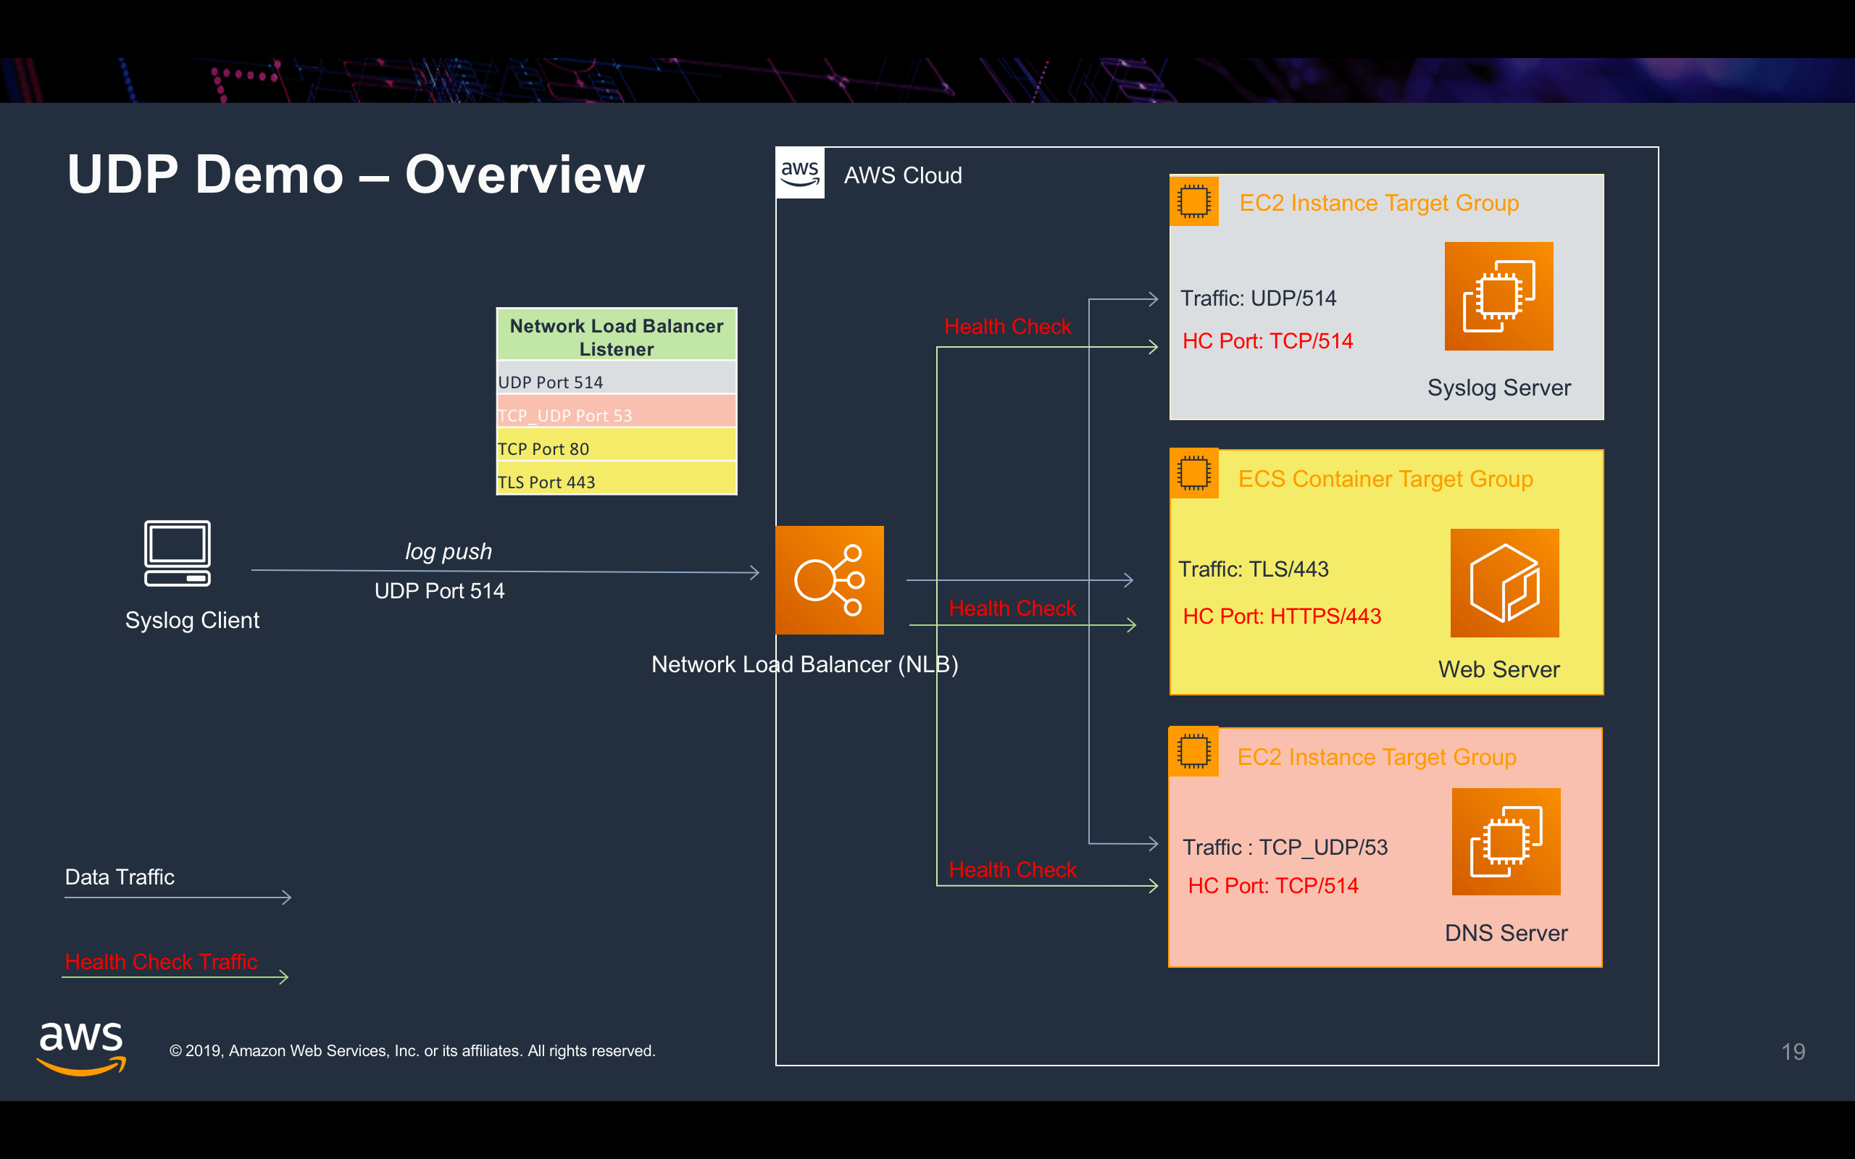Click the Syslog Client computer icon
coord(177,553)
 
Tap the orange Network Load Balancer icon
coord(830,580)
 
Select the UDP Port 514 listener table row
coord(617,381)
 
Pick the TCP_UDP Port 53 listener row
coord(617,414)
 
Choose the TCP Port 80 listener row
coord(617,448)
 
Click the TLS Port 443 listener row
coord(617,482)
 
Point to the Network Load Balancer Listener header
coord(617,337)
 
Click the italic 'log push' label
coord(449,551)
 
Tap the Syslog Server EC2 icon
coord(1498,297)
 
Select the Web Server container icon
coord(1504,582)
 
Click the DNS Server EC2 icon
coord(1506,842)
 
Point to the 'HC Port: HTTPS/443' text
coord(1282,616)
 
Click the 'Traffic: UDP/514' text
coord(1258,298)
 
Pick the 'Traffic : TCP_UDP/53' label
coord(1285,847)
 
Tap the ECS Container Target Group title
coord(1385,479)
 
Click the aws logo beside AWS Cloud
coord(800,173)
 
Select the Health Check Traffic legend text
coord(161,961)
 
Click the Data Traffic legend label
coord(120,877)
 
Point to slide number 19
coord(1792,1052)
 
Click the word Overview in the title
coord(525,175)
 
